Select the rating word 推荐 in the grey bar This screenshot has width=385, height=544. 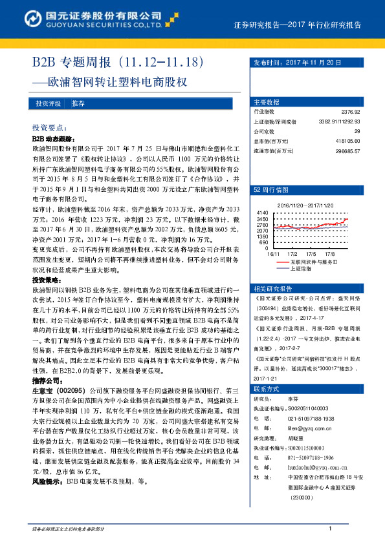[78, 103]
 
